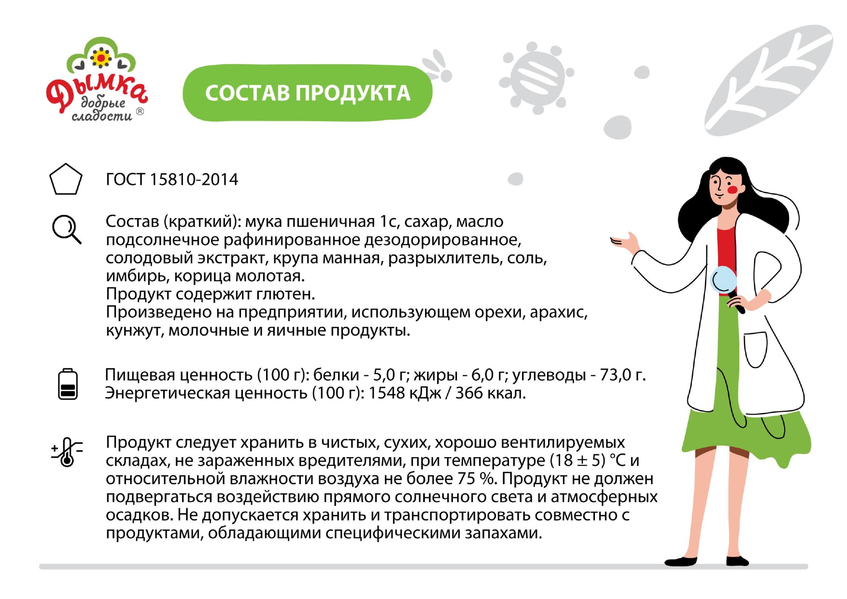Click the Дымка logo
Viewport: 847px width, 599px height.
coord(97,79)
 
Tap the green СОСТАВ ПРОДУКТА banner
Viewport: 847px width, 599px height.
coord(308,93)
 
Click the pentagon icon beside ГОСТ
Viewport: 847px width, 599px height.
coord(66,180)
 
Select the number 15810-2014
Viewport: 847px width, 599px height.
coord(194,180)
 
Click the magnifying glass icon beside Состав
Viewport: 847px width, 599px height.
coord(67,229)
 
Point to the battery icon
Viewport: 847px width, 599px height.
coord(68,384)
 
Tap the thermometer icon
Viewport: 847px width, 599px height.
coord(67,452)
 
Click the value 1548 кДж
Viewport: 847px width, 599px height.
coord(405,393)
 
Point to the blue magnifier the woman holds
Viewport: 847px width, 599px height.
coord(724,280)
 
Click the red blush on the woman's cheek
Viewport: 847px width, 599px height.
coord(733,190)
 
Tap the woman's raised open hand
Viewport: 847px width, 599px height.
coord(626,242)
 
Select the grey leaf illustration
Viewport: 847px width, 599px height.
coord(768,80)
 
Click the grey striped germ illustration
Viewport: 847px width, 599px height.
coord(536,78)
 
